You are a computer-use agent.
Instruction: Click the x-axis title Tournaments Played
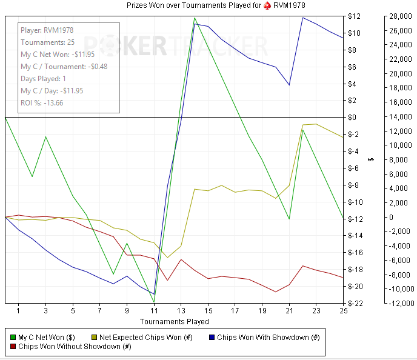coord(175,322)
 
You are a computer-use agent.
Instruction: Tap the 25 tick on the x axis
coord(343,312)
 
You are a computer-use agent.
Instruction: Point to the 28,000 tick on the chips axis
coord(397,16)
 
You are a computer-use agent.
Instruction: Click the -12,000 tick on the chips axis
coord(396,303)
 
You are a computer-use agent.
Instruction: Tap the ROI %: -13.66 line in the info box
coord(42,102)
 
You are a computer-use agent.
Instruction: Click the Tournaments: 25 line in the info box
coord(47,42)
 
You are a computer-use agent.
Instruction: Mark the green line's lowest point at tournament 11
coord(154,302)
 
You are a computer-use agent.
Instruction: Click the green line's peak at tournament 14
coord(195,18)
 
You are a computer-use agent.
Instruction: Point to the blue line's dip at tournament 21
coord(289,85)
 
